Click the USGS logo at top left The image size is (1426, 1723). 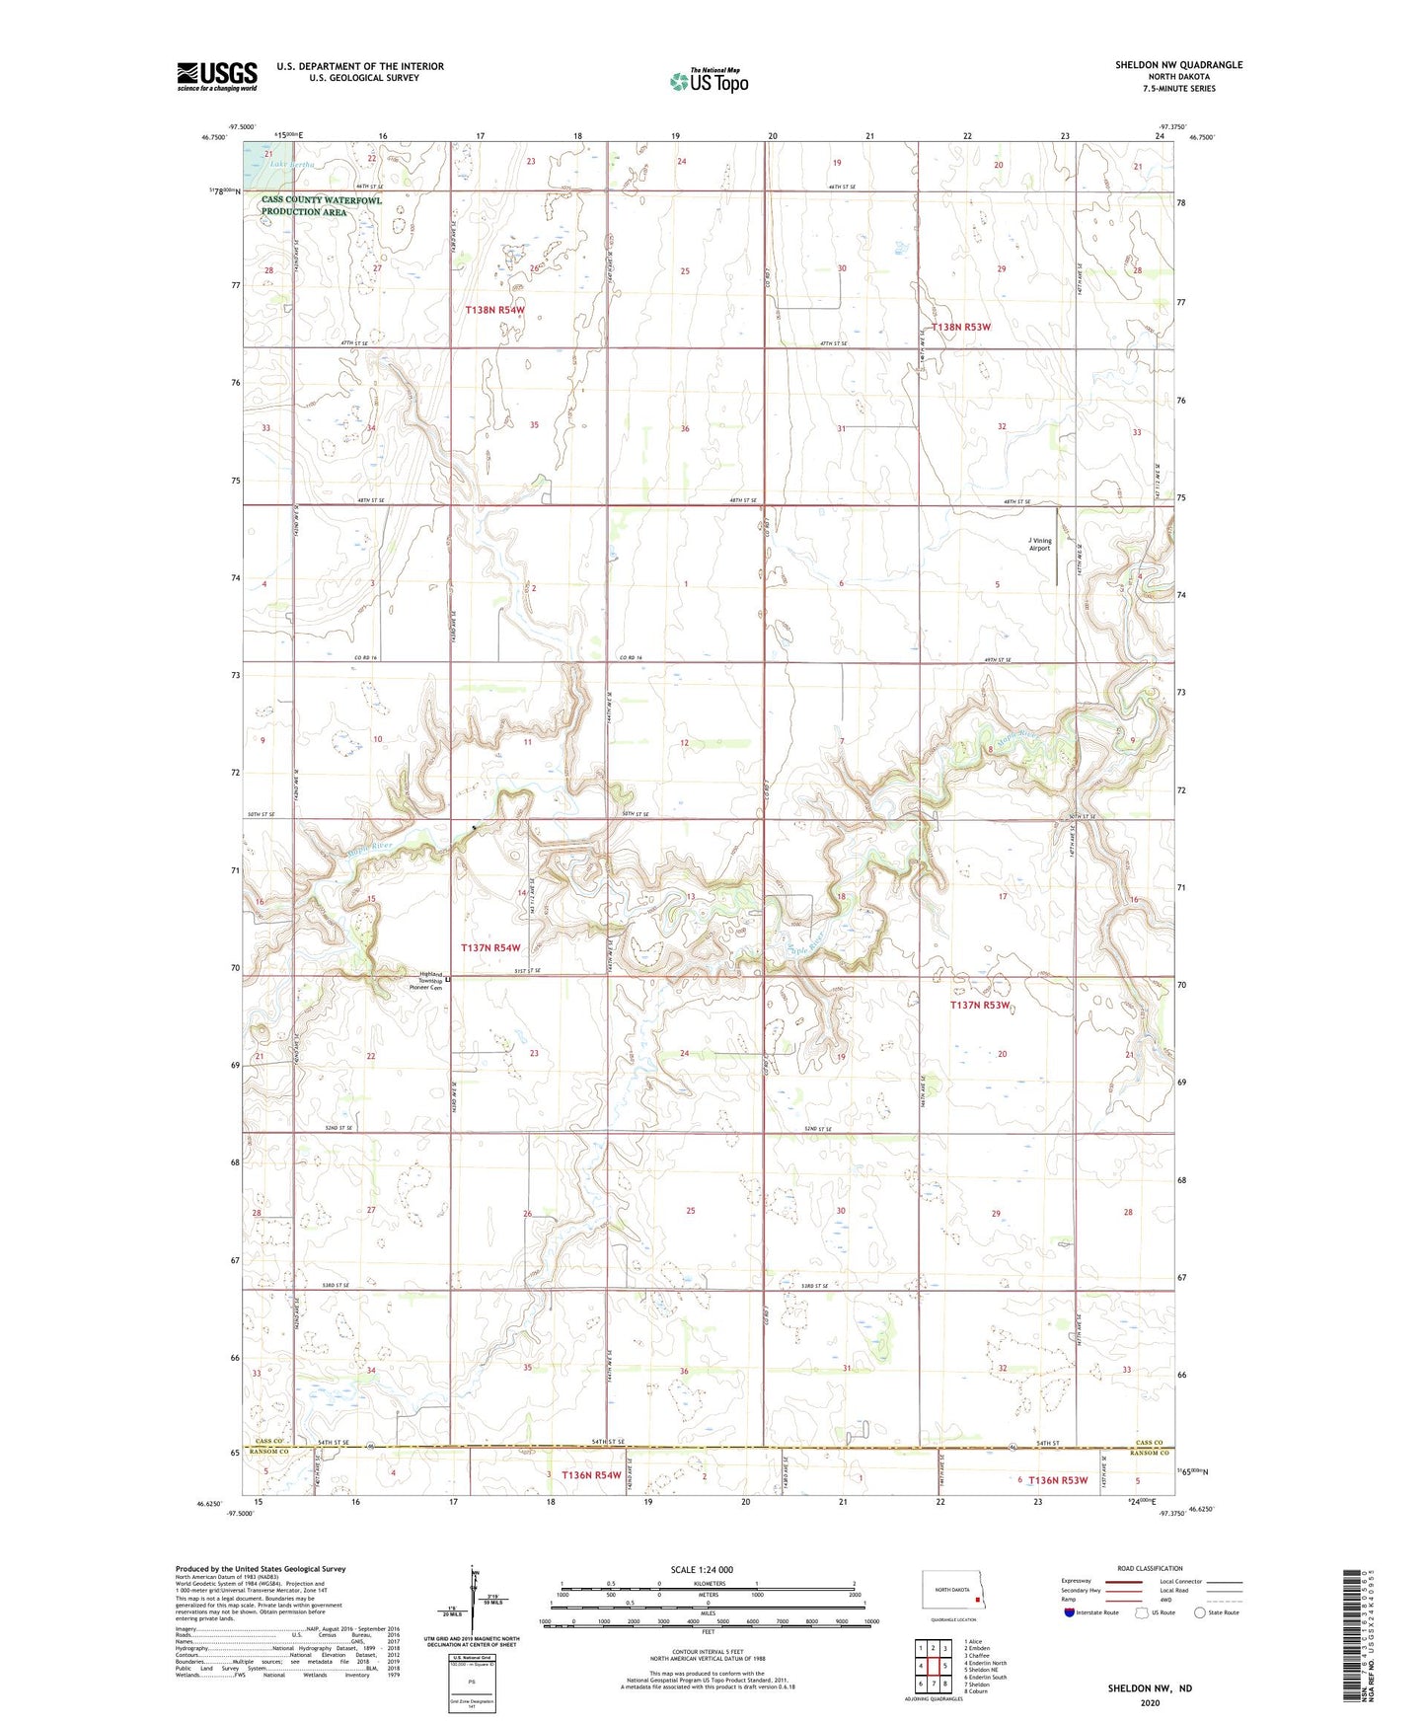pyautogui.click(x=217, y=76)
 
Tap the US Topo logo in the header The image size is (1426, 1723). pyautogui.click(x=709, y=81)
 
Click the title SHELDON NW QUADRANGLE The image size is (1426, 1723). pyautogui.click(x=1178, y=65)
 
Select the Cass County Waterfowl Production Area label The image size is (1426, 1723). pyautogui.click(x=321, y=206)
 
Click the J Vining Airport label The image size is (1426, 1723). pyautogui.click(x=1039, y=544)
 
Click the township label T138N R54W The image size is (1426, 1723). pyautogui.click(x=495, y=310)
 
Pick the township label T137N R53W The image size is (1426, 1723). pyautogui.click(x=980, y=1005)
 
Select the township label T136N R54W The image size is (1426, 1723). pyautogui.click(x=591, y=1475)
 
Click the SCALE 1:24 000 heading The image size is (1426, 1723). pyautogui.click(x=702, y=1569)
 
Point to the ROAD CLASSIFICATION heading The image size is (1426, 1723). pyautogui.click(x=1150, y=1568)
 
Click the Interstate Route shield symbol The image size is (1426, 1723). pyautogui.click(x=1070, y=1612)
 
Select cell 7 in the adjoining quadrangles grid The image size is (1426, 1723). pyautogui.click(x=933, y=1685)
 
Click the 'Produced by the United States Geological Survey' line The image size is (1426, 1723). pyautogui.click(x=261, y=1568)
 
